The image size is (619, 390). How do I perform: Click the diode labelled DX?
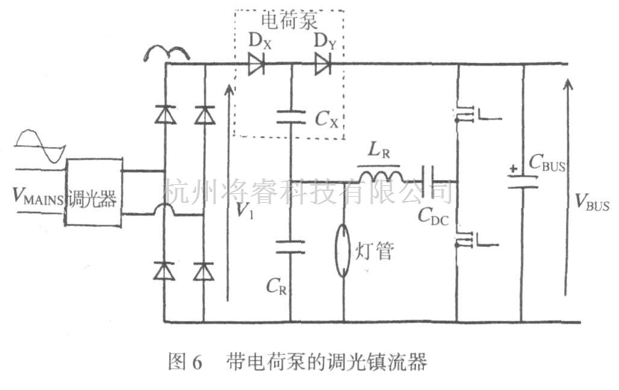[257, 64]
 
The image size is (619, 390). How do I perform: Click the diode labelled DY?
[323, 64]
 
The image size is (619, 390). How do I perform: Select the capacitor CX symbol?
[290, 119]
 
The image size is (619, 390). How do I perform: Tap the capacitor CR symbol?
[290, 246]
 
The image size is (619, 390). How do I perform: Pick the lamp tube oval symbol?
[343, 250]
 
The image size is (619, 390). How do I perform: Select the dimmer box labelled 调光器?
[93, 193]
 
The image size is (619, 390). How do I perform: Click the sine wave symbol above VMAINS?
[39, 146]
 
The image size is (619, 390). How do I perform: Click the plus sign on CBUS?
[512, 170]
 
